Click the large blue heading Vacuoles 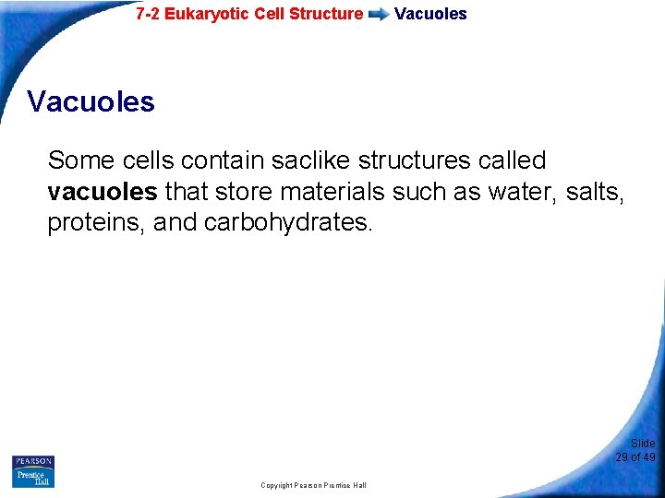[91, 101]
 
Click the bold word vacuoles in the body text [102, 193]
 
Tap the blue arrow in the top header [379, 15]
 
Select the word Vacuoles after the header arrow [430, 14]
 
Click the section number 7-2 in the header [148, 14]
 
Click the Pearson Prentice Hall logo [33, 471]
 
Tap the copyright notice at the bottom [313, 485]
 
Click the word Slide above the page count [643, 444]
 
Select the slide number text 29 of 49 [635, 457]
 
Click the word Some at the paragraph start [80, 160]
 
